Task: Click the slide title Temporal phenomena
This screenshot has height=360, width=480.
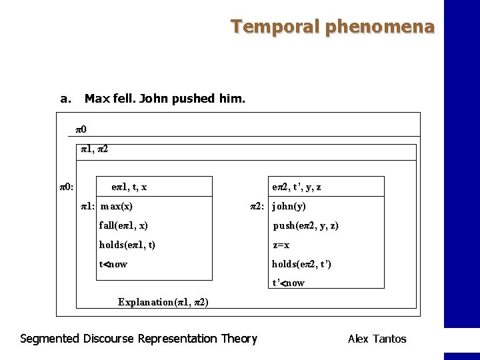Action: (332, 27)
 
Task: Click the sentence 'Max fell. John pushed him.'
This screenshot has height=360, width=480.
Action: (165, 99)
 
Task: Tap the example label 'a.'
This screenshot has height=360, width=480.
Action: (65, 99)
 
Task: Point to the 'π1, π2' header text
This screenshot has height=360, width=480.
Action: (94, 150)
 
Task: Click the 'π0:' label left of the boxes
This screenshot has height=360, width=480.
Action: (67, 187)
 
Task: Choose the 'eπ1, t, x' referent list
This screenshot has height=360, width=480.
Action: (129, 187)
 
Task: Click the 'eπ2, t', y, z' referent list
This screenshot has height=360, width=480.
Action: (297, 187)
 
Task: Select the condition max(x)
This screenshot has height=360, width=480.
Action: (117, 207)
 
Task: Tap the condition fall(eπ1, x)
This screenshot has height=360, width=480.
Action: (123, 226)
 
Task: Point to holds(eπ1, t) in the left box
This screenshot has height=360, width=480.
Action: (127, 245)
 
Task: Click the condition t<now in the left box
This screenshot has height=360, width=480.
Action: (113, 264)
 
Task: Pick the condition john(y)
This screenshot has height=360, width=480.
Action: (289, 207)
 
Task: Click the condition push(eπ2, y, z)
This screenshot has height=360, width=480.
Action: (305, 226)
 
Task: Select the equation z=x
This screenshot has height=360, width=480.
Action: (281, 245)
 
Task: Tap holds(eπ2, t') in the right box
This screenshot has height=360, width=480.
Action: (301, 264)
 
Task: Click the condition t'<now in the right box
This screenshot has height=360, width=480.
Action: (288, 283)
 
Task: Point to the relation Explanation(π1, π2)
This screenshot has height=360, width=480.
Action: (163, 302)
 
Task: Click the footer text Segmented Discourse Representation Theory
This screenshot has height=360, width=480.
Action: (139, 339)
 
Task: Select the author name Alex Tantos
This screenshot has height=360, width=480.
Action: (377, 339)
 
